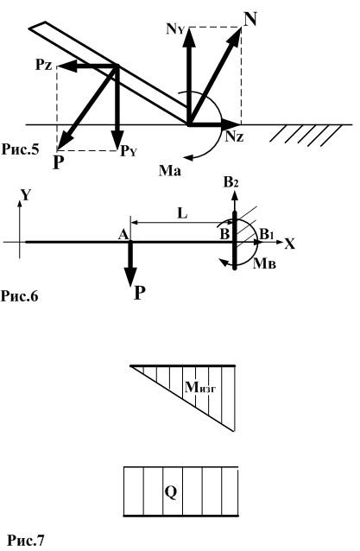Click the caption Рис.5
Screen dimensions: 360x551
[20, 149]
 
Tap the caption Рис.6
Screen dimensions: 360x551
[19, 296]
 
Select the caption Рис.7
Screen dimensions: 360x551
[27, 540]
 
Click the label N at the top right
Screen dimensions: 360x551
[249, 19]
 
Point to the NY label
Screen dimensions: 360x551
[175, 29]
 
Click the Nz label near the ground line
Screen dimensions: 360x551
[234, 136]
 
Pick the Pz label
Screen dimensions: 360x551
[44, 65]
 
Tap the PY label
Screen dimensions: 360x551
[128, 151]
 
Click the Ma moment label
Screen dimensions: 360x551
[170, 171]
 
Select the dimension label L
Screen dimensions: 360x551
[182, 213]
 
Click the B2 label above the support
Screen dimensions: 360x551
[231, 183]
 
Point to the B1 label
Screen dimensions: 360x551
[266, 234]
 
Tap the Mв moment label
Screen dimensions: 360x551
[264, 263]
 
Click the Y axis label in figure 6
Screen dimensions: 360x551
[26, 195]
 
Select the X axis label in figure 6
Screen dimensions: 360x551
[290, 244]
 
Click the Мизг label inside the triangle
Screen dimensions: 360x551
[200, 387]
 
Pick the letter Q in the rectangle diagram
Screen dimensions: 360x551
[171, 492]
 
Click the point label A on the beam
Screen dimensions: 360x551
[123, 234]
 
